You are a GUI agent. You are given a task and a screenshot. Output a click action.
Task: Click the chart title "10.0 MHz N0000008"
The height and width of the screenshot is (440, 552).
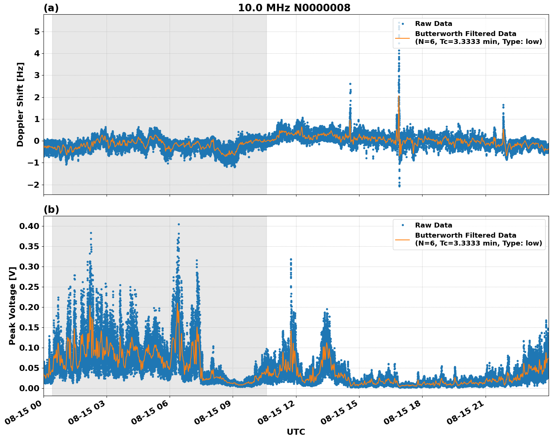pos(294,8)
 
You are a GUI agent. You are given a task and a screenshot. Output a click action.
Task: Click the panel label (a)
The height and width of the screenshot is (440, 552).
pos(51,8)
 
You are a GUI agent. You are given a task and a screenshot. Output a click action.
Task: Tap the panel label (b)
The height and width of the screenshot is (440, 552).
pos(51,209)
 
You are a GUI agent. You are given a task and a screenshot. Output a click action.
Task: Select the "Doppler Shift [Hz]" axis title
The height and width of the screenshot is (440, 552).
pos(20,104)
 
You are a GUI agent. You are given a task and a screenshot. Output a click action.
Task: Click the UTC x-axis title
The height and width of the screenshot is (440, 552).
pos(296,432)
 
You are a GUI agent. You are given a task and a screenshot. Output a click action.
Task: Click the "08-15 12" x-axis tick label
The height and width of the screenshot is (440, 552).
pos(277,414)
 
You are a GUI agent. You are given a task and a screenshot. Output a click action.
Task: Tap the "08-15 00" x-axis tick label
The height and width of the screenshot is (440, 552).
pos(24,414)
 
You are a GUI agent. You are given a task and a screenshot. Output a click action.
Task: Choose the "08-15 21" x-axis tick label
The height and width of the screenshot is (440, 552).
pos(466,414)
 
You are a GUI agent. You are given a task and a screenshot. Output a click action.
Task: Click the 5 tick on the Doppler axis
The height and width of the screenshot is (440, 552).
pos(37,32)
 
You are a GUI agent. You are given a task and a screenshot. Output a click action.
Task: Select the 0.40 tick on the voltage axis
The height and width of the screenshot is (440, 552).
pos(29,226)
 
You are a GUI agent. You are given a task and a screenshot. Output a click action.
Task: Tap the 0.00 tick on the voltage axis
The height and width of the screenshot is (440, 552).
pos(29,388)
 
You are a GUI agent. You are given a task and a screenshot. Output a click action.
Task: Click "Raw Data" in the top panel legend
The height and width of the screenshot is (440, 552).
pos(433,24)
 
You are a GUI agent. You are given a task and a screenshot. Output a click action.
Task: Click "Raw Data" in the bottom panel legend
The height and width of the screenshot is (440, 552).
pos(433,225)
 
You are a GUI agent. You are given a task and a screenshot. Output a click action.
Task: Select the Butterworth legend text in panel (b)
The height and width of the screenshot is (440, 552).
pos(478,239)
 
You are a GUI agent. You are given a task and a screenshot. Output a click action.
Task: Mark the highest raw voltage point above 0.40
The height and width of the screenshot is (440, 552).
pos(179,224)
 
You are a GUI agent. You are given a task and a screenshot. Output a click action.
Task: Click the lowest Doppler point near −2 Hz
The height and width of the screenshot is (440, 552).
pos(399,186)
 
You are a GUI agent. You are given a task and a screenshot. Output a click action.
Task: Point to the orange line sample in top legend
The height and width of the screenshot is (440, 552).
pos(402,38)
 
